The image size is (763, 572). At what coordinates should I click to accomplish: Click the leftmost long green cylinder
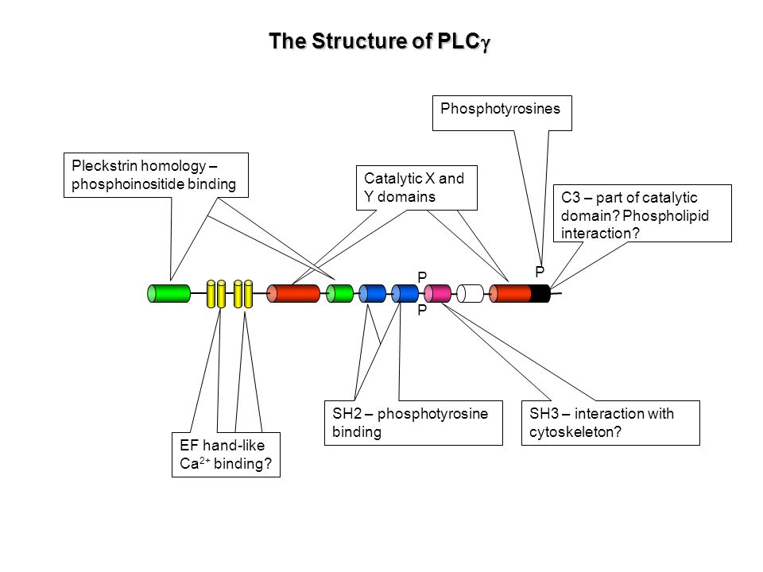tap(168, 294)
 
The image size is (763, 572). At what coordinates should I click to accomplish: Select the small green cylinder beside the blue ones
tap(339, 294)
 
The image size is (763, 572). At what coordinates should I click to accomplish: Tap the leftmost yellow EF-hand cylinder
tap(211, 294)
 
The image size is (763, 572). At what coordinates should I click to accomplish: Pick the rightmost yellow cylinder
tap(248, 294)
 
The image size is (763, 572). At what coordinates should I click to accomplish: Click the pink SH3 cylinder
tap(437, 294)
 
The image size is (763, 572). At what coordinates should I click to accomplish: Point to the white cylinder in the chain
tap(470, 294)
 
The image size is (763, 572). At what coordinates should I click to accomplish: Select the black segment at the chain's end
tap(540, 294)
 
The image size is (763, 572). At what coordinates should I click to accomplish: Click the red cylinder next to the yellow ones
tap(293, 294)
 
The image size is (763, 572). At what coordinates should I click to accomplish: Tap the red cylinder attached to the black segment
tap(510, 294)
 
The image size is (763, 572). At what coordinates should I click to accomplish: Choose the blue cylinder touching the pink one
tap(405, 294)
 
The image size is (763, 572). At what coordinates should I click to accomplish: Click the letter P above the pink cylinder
tap(422, 277)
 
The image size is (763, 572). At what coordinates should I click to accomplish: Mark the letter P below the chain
tap(422, 310)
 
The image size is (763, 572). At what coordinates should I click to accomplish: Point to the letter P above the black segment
tap(540, 272)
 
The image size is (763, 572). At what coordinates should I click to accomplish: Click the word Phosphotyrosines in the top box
tap(500, 109)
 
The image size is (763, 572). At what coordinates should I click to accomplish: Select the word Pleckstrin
tap(105, 166)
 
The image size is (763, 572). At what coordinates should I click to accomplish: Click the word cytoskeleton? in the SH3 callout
tap(575, 432)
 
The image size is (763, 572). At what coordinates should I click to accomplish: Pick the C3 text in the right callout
tap(571, 198)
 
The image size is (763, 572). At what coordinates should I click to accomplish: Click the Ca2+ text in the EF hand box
tap(195, 463)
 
